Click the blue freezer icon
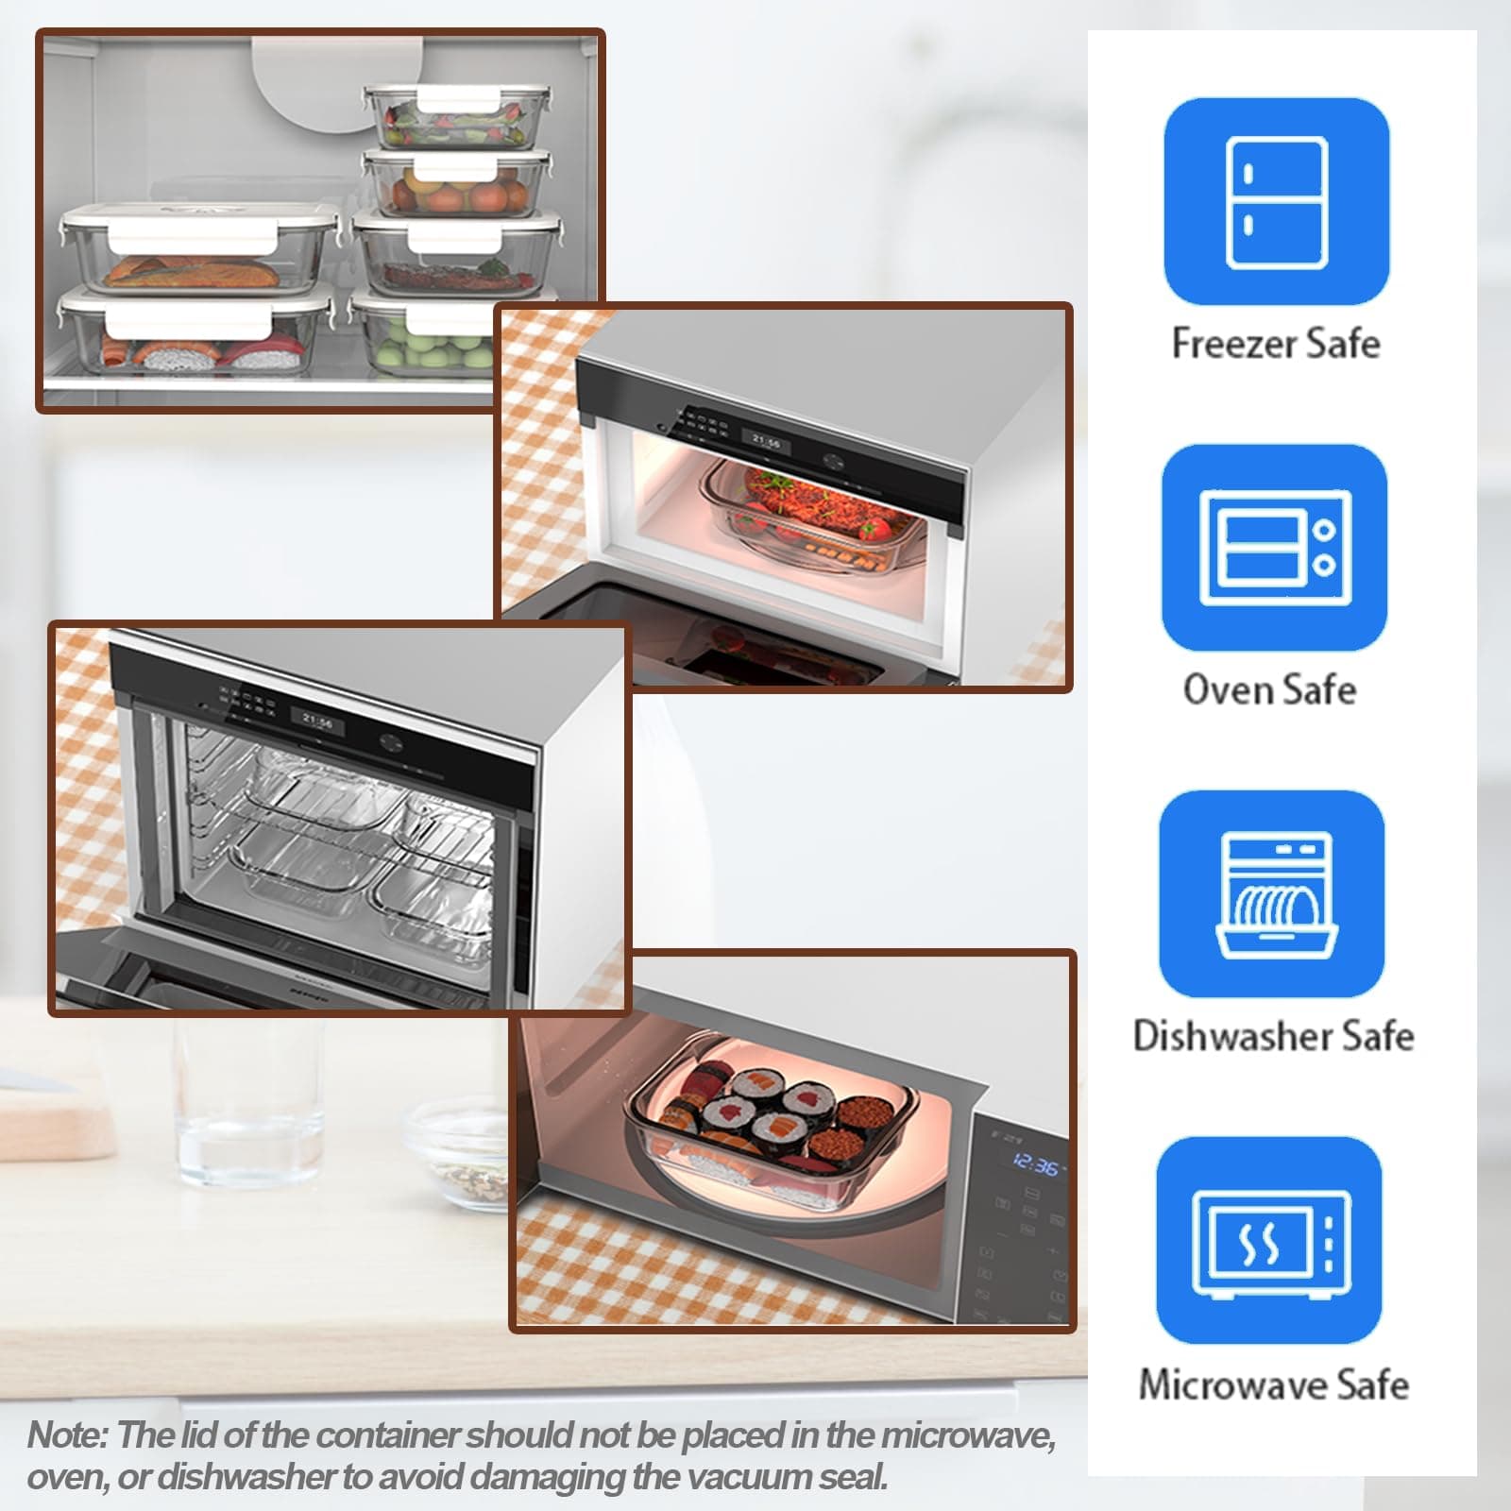[x=1276, y=201]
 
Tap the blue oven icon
[x=1274, y=548]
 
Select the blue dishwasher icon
[x=1272, y=893]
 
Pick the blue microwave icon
[x=1270, y=1240]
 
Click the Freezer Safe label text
[x=1276, y=343]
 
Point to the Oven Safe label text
[x=1269, y=689]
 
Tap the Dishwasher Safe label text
[x=1273, y=1036]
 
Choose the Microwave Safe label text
[x=1273, y=1384]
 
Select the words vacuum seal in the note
[x=806, y=1477]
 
